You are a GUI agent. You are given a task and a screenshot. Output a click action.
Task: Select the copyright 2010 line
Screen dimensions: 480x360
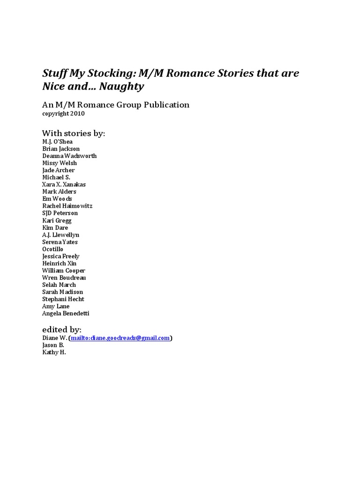[x=63, y=113]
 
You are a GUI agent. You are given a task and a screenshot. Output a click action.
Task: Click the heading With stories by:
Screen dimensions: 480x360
[x=74, y=134]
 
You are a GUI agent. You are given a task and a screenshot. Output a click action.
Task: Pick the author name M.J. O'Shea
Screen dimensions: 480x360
[x=57, y=142]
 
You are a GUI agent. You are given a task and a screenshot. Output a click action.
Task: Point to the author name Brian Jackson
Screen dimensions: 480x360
[x=61, y=149]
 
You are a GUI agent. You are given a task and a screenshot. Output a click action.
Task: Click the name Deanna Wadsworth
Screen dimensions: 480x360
[x=69, y=156]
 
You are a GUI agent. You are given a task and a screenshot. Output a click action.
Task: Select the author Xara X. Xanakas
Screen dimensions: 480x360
[x=64, y=185]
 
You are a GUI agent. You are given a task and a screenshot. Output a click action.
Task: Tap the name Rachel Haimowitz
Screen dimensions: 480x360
[x=67, y=206]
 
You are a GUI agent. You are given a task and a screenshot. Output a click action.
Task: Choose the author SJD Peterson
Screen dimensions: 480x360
[x=60, y=213]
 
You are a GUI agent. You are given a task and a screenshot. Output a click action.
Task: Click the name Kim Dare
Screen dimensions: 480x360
[x=55, y=227]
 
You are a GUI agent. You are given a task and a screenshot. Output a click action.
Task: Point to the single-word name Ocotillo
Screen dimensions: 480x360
[x=52, y=249]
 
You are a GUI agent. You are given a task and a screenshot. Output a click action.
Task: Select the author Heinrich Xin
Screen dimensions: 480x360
[x=59, y=263]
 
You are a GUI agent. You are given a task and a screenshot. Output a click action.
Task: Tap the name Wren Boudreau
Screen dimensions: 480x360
[x=64, y=277]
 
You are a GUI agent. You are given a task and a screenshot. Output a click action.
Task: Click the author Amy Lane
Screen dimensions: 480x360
[x=56, y=306]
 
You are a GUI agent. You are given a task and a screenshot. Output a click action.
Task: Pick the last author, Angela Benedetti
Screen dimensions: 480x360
[x=65, y=313]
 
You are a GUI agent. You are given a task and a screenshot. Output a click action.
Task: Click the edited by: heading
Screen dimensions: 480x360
[x=62, y=330]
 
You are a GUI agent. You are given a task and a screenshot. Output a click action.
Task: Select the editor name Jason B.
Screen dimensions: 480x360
[x=53, y=345]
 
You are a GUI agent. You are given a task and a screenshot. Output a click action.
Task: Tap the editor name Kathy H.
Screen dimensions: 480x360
[x=54, y=352]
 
